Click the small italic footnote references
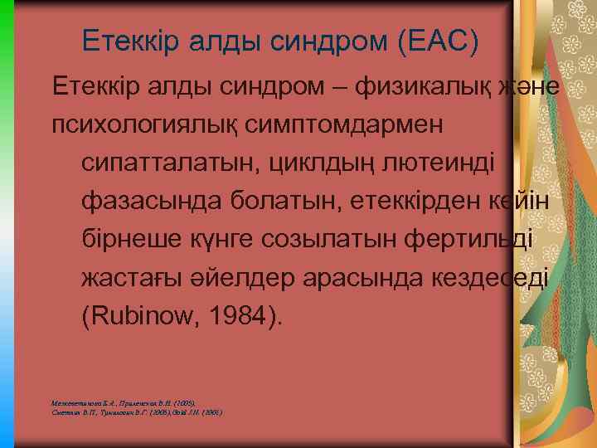point(137,407)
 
